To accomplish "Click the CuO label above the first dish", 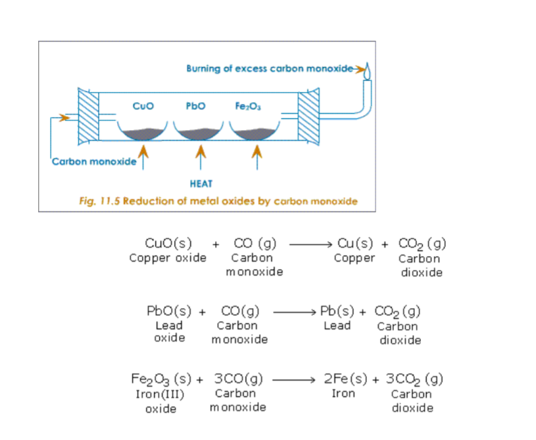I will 143,105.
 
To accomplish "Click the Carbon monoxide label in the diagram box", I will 93,161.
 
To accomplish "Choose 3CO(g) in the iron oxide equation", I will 239,379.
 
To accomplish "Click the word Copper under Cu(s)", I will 354,258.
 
